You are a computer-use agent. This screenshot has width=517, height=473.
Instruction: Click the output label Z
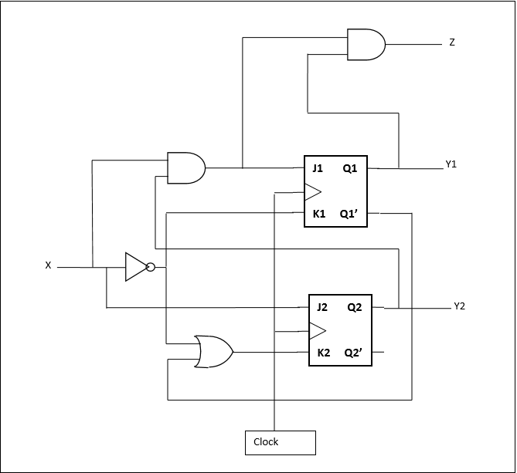click(451, 42)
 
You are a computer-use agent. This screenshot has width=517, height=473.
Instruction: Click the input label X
click(48, 265)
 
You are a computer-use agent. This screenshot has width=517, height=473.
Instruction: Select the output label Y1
click(451, 164)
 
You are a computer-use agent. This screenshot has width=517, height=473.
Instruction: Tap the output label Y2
click(459, 306)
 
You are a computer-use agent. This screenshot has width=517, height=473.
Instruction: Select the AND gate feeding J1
click(185, 167)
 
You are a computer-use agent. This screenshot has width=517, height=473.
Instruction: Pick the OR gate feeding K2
click(213, 352)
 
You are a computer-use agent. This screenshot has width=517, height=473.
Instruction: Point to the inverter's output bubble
click(151, 268)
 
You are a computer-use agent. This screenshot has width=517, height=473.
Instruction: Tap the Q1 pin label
click(350, 167)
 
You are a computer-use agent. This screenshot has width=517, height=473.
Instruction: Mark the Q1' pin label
click(349, 214)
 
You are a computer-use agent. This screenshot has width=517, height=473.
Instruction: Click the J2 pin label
click(322, 307)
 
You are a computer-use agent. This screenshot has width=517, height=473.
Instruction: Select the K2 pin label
click(323, 353)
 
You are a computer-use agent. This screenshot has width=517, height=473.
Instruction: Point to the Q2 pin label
click(354, 307)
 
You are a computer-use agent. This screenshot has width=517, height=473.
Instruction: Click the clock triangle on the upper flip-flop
click(312, 191)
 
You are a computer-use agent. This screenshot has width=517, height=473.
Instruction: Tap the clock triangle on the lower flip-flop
click(317, 331)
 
